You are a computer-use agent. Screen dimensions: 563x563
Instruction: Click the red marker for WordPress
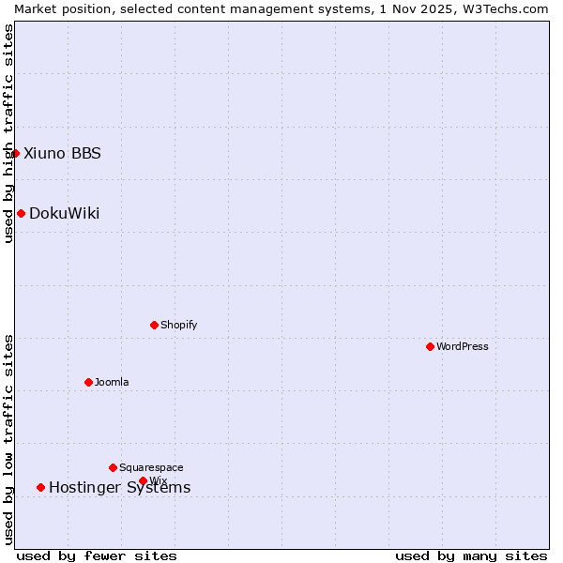click(430, 346)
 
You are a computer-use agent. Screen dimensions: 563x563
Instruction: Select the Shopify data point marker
click(154, 325)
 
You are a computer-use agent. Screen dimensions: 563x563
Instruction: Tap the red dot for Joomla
click(88, 382)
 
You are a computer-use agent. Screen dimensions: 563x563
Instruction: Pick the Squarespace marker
click(113, 467)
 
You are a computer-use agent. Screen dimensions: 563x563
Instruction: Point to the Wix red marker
click(143, 480)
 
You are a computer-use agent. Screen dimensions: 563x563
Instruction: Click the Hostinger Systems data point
click(40, 487)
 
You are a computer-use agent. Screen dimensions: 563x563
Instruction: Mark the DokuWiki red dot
click(21, 213)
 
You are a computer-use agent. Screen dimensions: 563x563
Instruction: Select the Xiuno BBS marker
click(16, 153)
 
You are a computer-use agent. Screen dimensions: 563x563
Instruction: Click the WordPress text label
click(463, 346)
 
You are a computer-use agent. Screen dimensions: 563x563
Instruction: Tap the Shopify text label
click(178, 325)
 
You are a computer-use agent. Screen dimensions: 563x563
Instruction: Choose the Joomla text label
click(112, 382)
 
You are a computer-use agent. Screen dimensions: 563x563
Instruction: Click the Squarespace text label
click(151, 467)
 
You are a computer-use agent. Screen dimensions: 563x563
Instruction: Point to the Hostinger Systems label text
click(119, 487)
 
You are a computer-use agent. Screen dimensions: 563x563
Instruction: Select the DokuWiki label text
click(64, 213)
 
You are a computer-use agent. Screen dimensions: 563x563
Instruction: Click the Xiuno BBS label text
click(62, 153)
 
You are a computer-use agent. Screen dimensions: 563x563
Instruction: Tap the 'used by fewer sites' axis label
click(97, 555)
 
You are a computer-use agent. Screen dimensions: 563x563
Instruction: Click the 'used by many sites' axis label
click(471, 555)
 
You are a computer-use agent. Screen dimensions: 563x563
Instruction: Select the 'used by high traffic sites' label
click(8, 133)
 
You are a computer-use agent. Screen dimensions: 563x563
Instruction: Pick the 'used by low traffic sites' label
click(8, 439)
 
